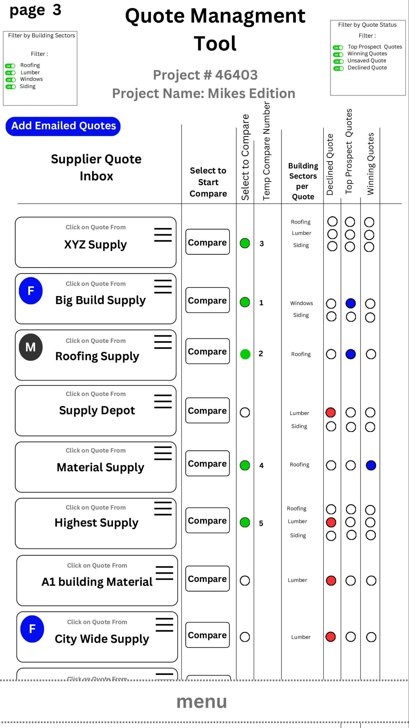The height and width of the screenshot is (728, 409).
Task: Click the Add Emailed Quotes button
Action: tap(63, 126)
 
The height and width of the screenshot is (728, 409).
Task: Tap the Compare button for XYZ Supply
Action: tap(207, 242)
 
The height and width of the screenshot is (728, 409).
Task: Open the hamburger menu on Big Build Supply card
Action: tap(163, 286)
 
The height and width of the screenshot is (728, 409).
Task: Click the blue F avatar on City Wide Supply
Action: tap(32, 629)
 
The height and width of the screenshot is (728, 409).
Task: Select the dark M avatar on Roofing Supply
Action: tap(31, 347)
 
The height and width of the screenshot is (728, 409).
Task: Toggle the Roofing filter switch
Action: tap(10, 66)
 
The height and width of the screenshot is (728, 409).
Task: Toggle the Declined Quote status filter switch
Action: tap(338, 68)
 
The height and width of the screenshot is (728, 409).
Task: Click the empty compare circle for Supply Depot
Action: tap(245, 412)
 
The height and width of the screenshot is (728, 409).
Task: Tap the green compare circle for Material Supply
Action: tap(245, 465)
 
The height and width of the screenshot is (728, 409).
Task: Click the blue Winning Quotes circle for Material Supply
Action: tap(371, 465)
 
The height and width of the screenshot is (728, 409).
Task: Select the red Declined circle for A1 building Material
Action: tap(331, 580)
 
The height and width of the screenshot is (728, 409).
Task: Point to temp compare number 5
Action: tap(261, 523)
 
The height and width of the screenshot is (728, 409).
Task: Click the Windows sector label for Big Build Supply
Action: tap(301, 303)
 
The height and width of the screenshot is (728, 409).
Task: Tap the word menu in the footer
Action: tap(202, 702)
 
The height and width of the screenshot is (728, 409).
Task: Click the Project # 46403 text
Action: tap(205, 75)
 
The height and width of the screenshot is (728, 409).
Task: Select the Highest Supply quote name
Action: tap(96, 523)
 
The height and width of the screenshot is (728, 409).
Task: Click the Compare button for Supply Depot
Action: tap(207, 410)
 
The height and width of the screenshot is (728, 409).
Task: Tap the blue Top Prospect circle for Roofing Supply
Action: tap(350, 354)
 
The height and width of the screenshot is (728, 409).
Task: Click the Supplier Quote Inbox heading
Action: tap(96, 167)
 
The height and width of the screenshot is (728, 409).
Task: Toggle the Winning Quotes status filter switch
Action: tap(338, 54)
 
